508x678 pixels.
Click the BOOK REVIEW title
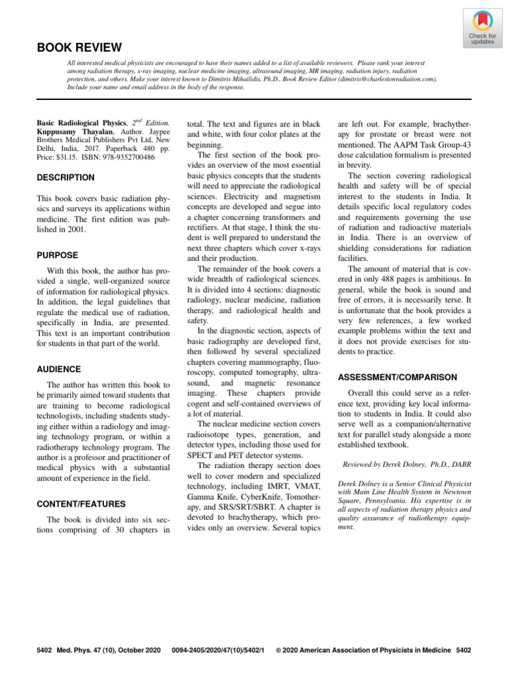pyautogui.click(x=79, y=48)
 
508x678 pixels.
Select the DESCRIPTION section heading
pyautogui.click(x=65, y=177)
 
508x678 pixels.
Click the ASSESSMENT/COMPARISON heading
pyautogui.click(x=397, y=377)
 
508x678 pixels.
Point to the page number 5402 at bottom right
pyautogui.click(x=463, y=651)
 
